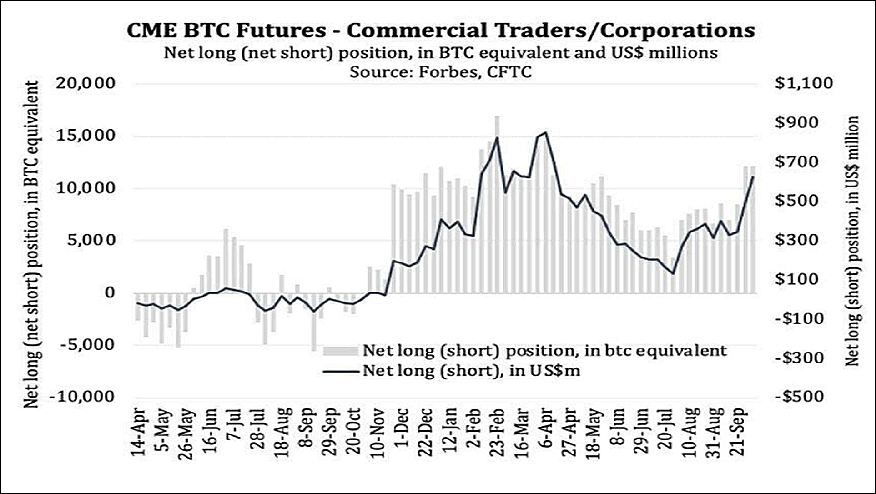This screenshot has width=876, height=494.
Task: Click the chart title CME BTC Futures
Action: point(440,30)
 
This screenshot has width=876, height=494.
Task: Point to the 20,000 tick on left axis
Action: point(86,84)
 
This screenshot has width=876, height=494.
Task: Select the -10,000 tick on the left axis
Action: point(82,397)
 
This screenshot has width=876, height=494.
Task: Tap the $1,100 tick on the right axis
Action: point(804,84)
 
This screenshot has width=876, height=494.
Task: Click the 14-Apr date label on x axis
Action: point(139,433)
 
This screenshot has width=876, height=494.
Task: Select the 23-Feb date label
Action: point(497,433)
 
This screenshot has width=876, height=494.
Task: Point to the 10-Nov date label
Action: point(377,433)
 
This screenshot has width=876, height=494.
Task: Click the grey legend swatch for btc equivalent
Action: point(341,351)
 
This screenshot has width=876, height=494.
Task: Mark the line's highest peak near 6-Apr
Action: point(545,132)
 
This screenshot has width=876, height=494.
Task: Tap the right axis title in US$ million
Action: point(852,241)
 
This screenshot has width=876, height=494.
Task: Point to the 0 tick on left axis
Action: point(110,293)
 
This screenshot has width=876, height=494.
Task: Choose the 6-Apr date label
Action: point(546,429)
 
